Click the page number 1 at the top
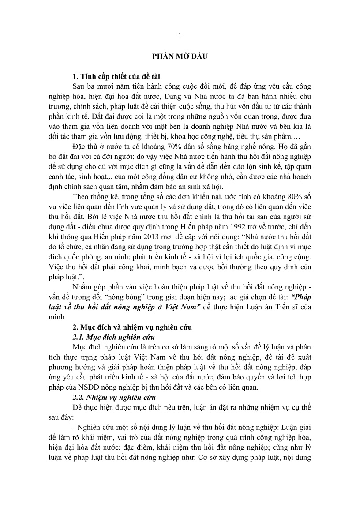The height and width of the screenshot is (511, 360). pos(180,35)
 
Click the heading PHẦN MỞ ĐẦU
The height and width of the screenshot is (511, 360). pos(180,56)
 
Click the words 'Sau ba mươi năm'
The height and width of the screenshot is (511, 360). pos(100,86)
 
